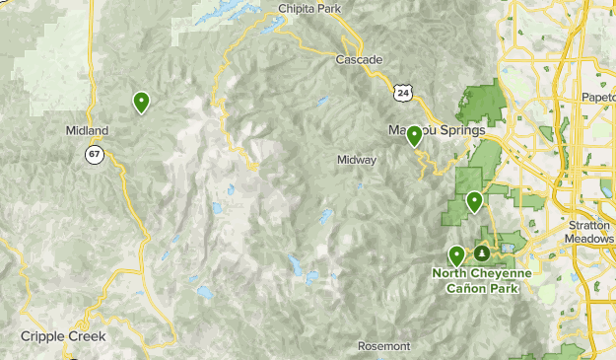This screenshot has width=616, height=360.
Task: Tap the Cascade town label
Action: [359, 60]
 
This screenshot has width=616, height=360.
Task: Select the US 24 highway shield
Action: [401, 92]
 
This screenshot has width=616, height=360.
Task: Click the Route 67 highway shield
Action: [94, 154]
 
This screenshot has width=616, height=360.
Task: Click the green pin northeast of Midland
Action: [141, 102]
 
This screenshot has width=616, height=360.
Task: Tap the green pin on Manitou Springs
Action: [415, 136]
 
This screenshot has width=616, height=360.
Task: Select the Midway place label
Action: [357, 160]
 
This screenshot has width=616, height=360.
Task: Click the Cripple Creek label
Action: [62, 336]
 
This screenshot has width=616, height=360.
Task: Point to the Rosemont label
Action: [382, 346]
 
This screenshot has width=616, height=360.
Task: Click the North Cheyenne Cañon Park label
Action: [481, 280]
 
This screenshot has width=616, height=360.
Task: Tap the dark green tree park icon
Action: [482, 253]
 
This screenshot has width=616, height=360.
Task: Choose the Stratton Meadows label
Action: [590, 231]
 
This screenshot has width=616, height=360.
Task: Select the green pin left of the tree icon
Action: [456, 256]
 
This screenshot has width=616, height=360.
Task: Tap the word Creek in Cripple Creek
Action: [86, 336]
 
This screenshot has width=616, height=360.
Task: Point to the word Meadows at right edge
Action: [590, 238]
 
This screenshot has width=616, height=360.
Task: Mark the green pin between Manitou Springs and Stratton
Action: [474, 202]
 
